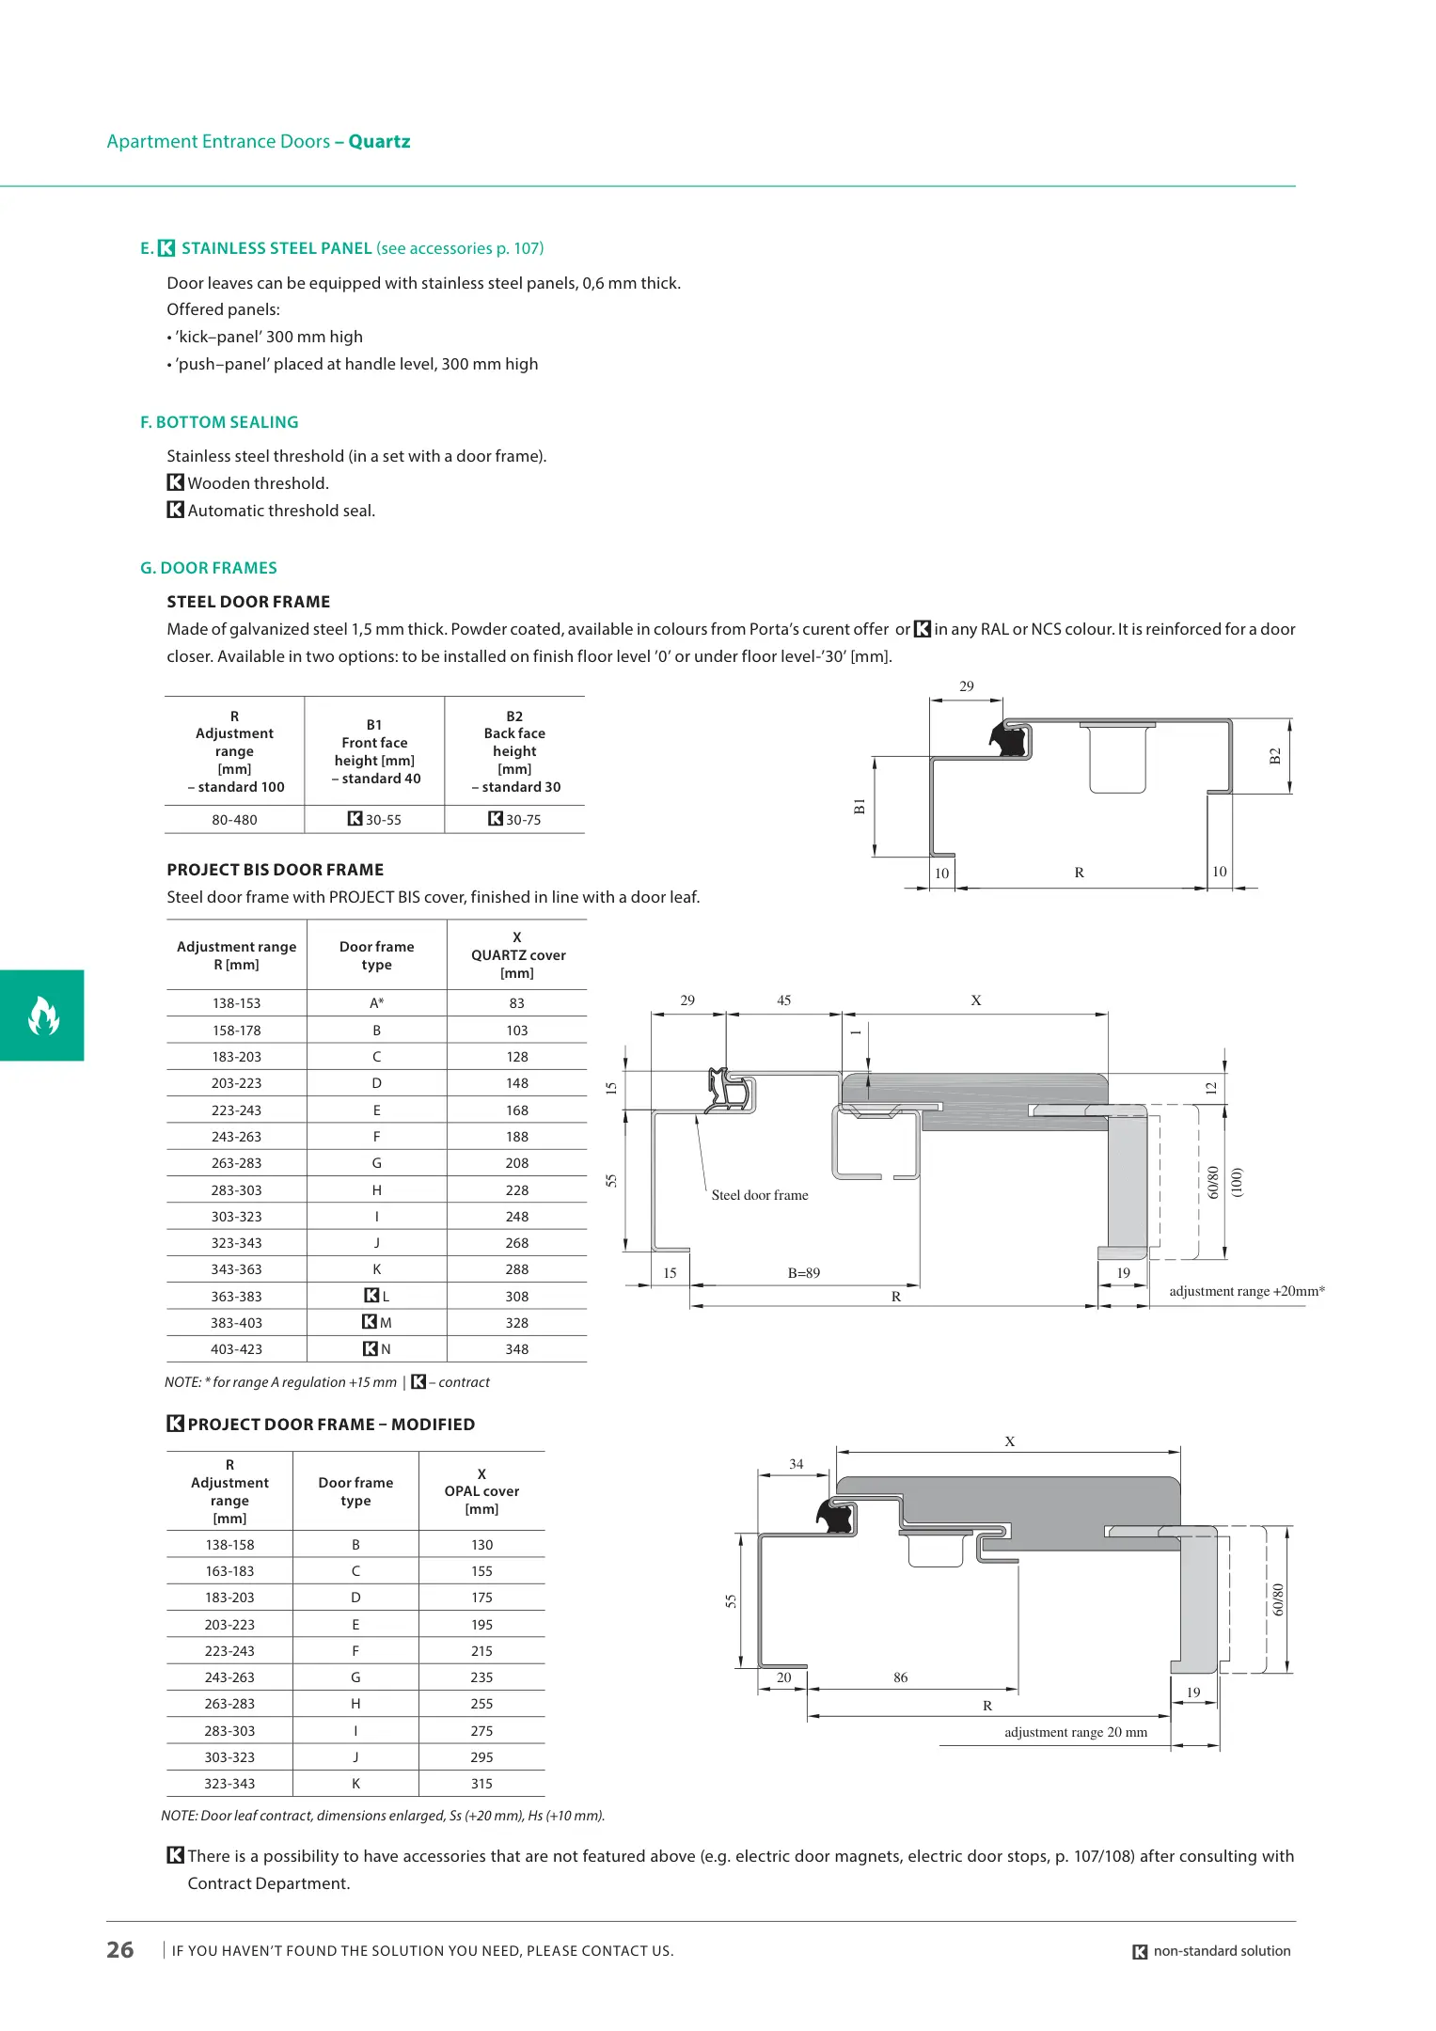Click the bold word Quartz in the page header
(x=379, y=142)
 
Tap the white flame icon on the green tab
(x=43, y=1015)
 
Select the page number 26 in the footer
(x=120, y=1950)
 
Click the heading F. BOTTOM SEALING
(x=219, y=422)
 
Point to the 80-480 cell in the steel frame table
(x=234, y=820)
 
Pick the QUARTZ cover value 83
(x=516, y=1003)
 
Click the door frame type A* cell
(x=376, y=1003)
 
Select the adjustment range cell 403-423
(x=236, y=1349)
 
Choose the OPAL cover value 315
(x=481, y=1784)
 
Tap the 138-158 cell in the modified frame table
(x=229, y=1545)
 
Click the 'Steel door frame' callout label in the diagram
(x=760, y=1195)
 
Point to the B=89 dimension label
(x=804, y=1273)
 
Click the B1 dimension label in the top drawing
(x=859, y=806)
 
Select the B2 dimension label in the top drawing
(x=1275, y=756)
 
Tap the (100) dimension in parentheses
(x=1238, y=1182)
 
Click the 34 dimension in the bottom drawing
(x=797, y=1464)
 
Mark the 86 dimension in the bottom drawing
(x=901, y=1677)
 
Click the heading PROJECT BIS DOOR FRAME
(x=276, y=870)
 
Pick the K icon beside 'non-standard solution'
(x=1140, y=1952)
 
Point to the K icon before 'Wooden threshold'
(x=175, y=482)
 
